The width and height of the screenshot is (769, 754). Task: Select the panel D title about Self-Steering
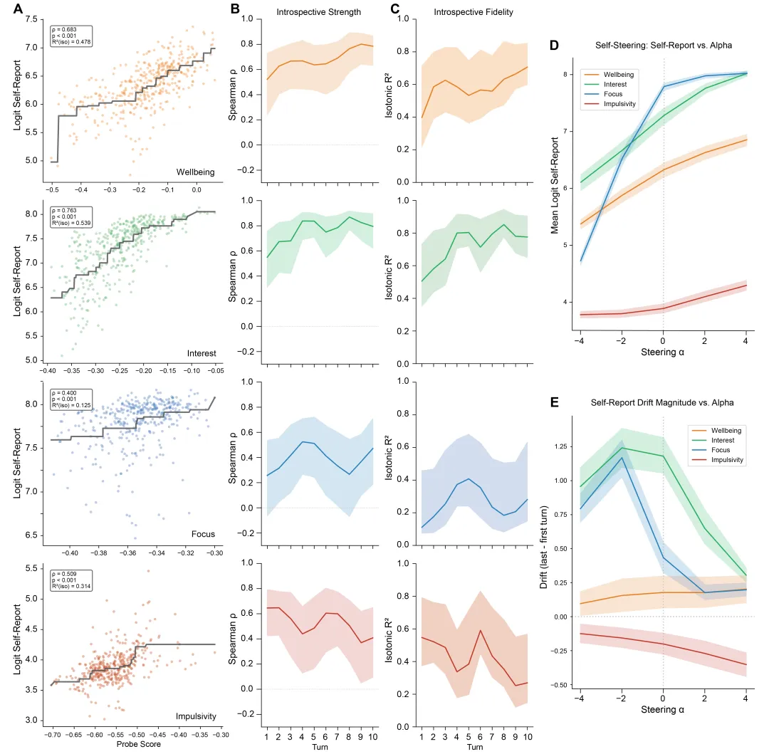pos(664,46)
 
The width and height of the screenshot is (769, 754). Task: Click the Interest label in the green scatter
pos(201,352)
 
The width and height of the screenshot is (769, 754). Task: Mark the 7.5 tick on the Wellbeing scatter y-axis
pos(31,19)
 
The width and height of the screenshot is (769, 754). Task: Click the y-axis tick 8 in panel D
pos(564,74)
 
